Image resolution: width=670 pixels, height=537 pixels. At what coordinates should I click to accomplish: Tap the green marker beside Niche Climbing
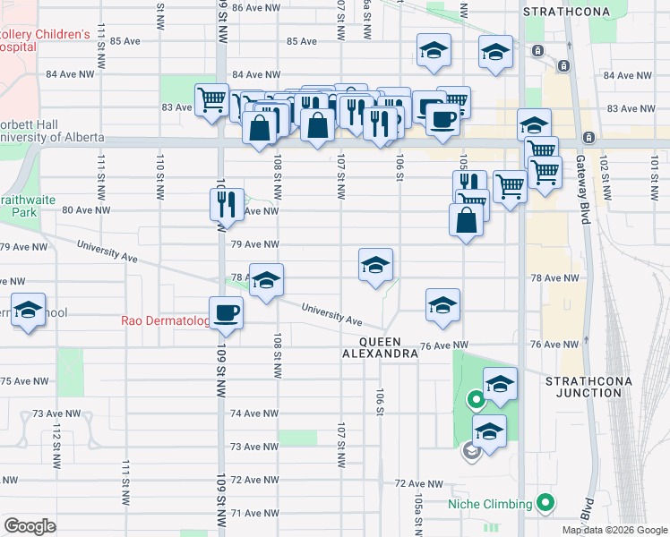543,504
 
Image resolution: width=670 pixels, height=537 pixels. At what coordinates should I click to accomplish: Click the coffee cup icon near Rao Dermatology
226,313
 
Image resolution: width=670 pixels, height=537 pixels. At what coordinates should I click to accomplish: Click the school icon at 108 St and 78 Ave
266,281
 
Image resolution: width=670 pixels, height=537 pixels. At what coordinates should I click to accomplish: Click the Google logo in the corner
30,526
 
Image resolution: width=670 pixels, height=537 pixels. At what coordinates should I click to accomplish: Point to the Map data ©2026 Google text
614,530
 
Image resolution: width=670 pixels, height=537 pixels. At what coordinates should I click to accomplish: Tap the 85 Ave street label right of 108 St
302,41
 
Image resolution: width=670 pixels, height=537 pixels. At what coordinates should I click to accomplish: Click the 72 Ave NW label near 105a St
419,483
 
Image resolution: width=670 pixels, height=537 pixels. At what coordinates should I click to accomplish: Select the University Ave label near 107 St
331,314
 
